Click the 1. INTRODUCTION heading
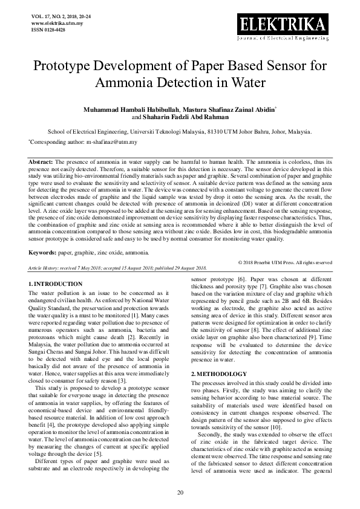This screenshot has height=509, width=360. tap(56, 284)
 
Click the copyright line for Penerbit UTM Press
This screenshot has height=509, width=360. tap(285, 262)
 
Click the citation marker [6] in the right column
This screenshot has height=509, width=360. tap(241, 280)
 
